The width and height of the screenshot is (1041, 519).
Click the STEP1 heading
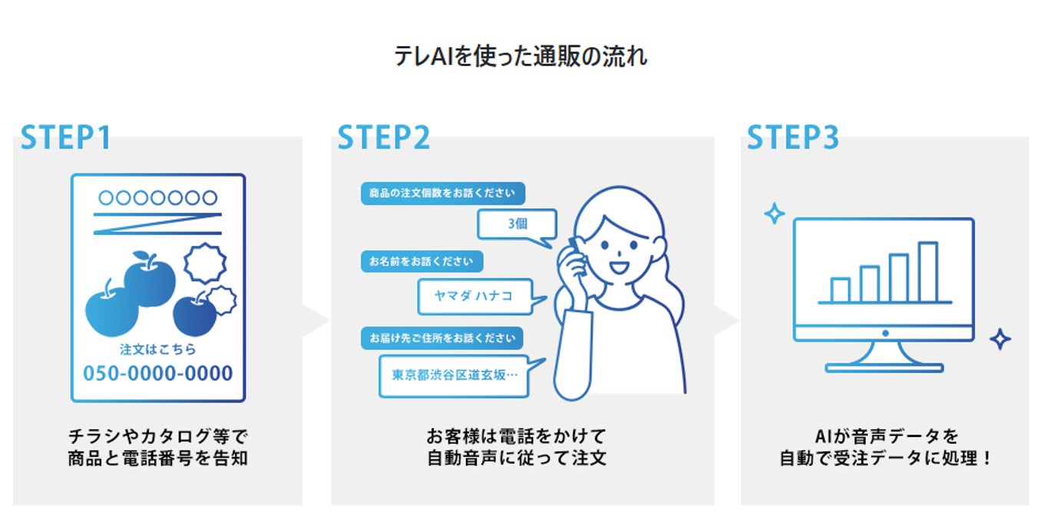66,138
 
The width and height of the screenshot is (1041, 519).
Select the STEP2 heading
384,138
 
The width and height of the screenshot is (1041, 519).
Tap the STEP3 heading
793,138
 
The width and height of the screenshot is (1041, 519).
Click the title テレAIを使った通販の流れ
520,57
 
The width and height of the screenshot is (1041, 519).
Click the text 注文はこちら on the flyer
157,349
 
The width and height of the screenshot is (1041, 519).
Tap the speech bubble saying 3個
517,225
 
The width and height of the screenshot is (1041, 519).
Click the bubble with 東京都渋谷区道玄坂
454,375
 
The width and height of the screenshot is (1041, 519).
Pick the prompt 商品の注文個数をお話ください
442,193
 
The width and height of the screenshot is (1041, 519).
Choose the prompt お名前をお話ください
421,261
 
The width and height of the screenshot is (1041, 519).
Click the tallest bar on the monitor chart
927,272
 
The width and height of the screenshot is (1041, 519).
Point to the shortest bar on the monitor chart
841,289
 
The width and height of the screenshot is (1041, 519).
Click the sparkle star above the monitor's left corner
774,213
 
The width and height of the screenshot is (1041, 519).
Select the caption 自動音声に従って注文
517,460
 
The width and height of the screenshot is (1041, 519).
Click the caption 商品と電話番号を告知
157,460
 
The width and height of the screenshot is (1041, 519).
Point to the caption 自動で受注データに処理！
885,460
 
